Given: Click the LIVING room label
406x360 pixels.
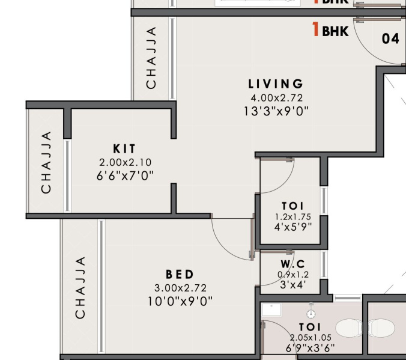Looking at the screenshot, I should click(x=276, y=84).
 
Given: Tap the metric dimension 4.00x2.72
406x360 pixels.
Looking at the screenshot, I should click(x=276, y=97).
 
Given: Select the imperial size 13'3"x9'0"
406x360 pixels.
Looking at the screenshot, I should click(x=276, y=111).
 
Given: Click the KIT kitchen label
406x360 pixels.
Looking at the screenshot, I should click(x=124, y=148).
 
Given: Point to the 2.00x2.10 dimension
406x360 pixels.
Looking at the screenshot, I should click(x=125, y=162).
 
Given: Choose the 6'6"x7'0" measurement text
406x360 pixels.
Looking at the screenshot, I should click(x=125, y=175).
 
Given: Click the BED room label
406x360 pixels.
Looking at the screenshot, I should click(x=180, y=275).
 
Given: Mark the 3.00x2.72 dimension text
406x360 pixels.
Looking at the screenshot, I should click(x=180, y=288).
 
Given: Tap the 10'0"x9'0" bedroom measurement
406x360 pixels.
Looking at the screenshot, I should click(x=180, y=301).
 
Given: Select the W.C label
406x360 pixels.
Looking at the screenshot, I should click(x=293, y=264).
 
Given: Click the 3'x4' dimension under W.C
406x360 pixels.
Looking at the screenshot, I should click(x=293, y=285).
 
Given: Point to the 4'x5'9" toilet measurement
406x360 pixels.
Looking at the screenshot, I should click(x=293, y=227).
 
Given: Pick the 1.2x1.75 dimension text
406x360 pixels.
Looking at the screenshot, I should click(x=293, y=216).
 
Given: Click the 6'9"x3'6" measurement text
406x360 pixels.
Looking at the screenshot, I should click(x=311, y=347).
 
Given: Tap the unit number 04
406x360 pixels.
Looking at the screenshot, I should click(x=390, y=39).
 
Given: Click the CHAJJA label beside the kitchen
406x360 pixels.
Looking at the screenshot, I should click(x=46, y=162).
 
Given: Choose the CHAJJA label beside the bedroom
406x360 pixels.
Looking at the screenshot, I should click(x=80, y=287).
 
